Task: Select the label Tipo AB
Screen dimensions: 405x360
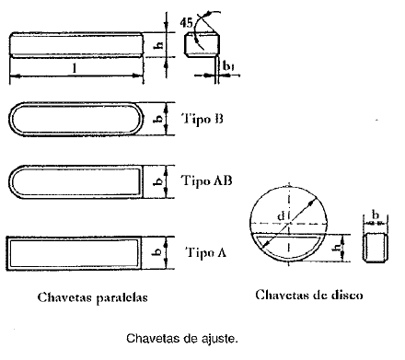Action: (x=207, y=180)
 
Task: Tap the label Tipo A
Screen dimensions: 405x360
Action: (x=205, y=251)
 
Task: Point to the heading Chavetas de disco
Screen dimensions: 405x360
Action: (x=309, y=296)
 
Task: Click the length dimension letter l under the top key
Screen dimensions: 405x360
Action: (x=72, y=70)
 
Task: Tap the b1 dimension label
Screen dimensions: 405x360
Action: (x=228, y=67)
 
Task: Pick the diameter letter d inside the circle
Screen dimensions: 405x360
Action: (x=280, y=217)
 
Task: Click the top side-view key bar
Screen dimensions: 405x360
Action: (x=76, y=46)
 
